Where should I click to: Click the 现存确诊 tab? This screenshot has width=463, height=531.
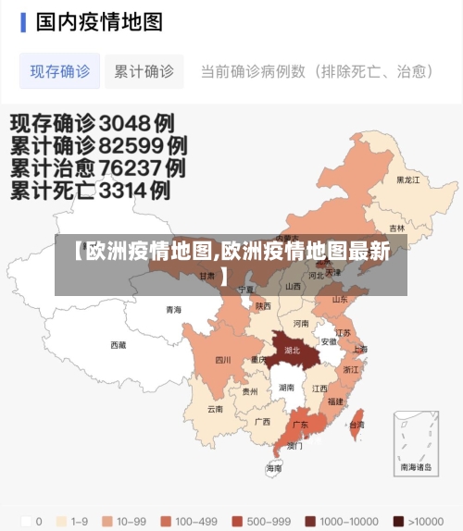pyautogui.click(x=60, y=71)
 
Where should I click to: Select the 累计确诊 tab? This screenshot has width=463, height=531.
pyautogui.click(x=144, y=71)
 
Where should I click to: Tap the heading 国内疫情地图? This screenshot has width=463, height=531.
pyautogui.click(x=99, y=21)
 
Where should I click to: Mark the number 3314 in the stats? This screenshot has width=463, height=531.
pyautogui.click(x=130, y=191)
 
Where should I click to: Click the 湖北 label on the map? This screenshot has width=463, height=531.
pyautogui.click(x=293, y=351)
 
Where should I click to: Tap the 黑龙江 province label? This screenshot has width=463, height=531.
pyautogui.click(x=407, y=179)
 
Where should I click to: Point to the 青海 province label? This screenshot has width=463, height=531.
pyautogui.click(x=173, y=310)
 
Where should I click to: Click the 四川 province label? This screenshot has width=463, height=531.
pyautogui.click(x=223, y=360)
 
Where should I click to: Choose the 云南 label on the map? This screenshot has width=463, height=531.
pyautogui.click(x=215, y=408)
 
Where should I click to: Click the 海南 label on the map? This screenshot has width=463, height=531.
pyautogui.click(x=274, y=468)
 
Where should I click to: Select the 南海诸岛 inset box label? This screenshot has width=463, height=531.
pyautogui.click(x=416, y=467)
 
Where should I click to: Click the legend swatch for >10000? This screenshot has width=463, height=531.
pyautogui.click(x=399, y=521)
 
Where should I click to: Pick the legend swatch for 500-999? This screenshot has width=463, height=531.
pyautogui.click(x=239, y=521)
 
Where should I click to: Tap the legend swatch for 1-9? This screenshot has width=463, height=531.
pyautogui.click(x=64, y=521)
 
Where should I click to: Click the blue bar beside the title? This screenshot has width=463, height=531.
pyautogui.click(x=23, y=21)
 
